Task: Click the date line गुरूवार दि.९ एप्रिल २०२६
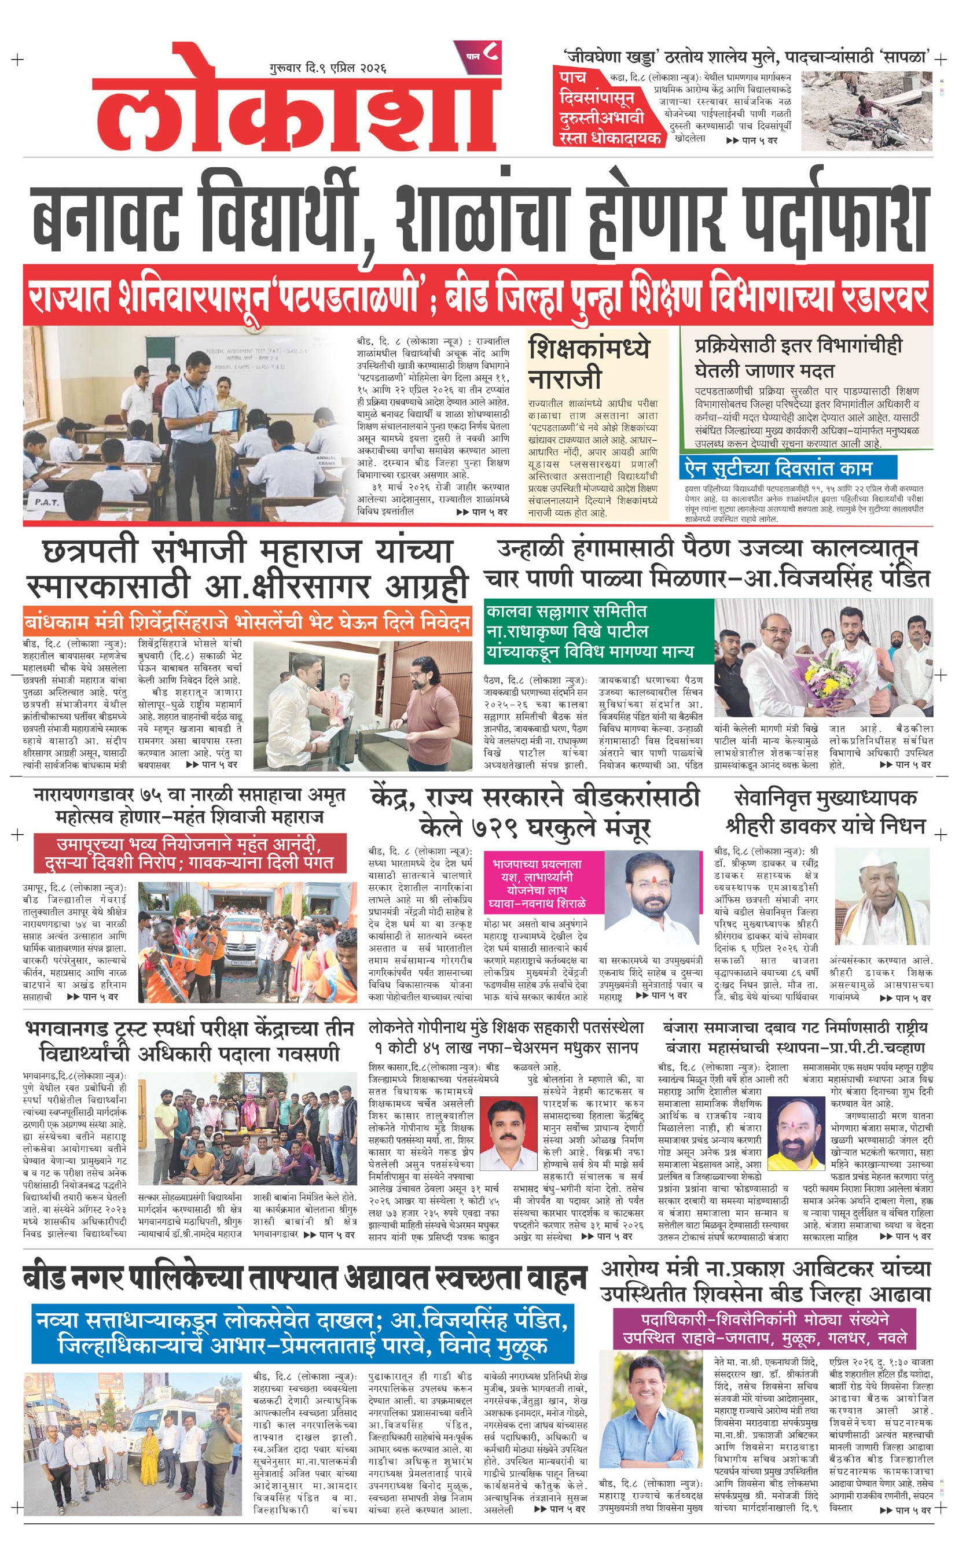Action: pyautogui.click(x=327, y=68)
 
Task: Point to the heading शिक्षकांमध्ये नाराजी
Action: pyautogui.click(x=589, y=362)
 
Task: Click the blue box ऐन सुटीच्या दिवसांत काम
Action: pyautogui.click(x=787, y=467)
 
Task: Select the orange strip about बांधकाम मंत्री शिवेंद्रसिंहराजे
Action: pyautogui.click(x=247, y=622)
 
